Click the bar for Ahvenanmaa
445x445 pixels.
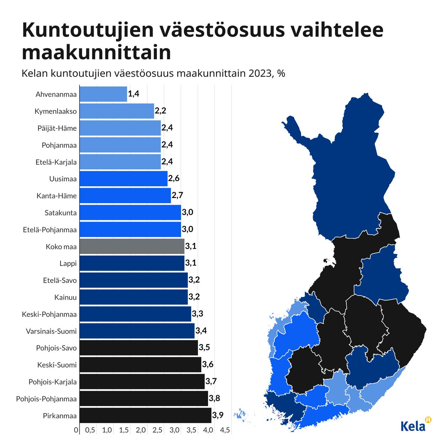click(103, 94)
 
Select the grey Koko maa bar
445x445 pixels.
click(132, 246)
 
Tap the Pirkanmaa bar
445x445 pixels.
click(145, 415)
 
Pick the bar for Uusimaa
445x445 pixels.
click(123, 179)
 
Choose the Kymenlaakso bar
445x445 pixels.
click(116, 111)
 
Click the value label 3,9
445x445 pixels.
click(218, 415)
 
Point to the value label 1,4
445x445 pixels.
click(133, 94)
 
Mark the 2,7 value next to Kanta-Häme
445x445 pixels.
click(177, 195)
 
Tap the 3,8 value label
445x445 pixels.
click(214, 398)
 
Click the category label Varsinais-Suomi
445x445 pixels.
click(51, 331)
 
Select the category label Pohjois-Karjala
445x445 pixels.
click(53, 382)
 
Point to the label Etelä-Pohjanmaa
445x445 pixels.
click(50, 230)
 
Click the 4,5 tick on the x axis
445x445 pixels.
click(225, 430)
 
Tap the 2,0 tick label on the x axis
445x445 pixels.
click(141, 430)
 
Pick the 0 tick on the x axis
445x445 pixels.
click(76, 430)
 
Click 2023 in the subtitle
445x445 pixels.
click(260, 73)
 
